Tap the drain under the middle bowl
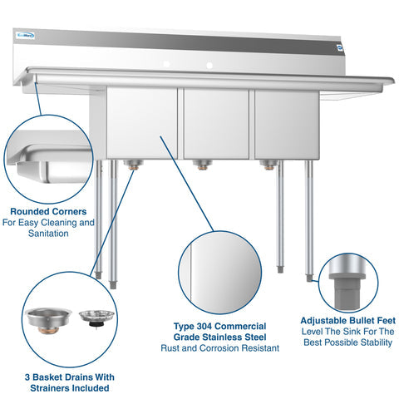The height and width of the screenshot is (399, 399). pyautogui.click(x=200, y=165)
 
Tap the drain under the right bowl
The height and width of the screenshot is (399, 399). pyautogui.click(x=267, y=165)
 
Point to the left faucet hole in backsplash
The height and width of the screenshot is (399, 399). pyautogui.click(x=166, y=63)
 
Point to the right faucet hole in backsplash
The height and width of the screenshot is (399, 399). pyautogui.click(x=209, y=63)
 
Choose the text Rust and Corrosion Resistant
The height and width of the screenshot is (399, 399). pyautogui.click(x=219, y=348)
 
